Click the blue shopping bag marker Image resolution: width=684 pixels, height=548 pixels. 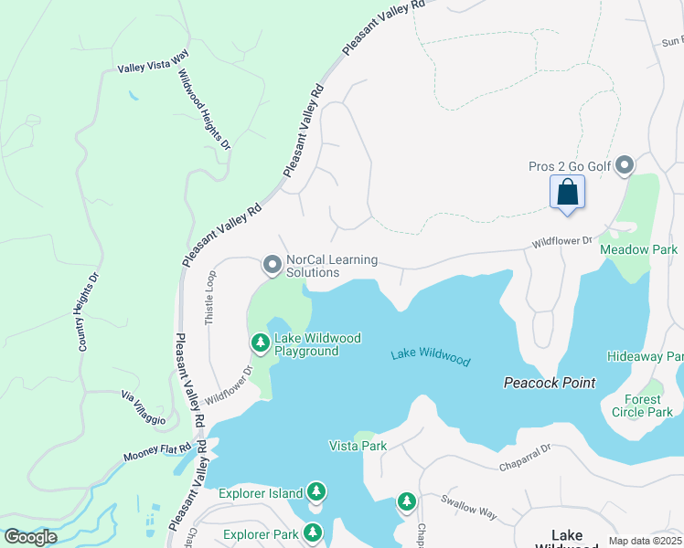point(567,193)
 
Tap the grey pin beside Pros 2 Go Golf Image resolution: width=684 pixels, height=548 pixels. point(625,165)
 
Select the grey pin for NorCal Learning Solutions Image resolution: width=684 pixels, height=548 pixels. point(272,265)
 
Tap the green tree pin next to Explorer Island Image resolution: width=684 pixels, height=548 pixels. point(316,492)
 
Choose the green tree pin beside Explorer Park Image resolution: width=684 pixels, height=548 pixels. point(313,532)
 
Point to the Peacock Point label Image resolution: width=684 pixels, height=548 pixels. point(550,383)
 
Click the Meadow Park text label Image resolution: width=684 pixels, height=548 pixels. point(638,249)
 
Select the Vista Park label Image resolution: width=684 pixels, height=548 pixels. point(358,446)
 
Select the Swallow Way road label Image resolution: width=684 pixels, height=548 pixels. point(468,507)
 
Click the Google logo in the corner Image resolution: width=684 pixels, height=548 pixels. point(30,536)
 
